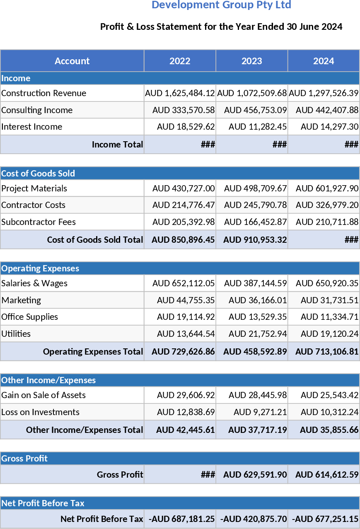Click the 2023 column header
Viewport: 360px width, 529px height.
[251, 61]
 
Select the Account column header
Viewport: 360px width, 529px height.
[72, 61]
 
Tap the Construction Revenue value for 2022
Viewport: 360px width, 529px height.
[180, 93]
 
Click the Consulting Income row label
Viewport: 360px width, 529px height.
[37, 110]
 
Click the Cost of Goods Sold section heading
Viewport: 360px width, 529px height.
[38, 173]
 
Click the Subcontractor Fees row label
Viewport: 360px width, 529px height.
[39, 222]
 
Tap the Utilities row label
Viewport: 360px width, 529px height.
[16, 334]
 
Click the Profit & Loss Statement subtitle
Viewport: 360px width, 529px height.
[221, 27]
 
